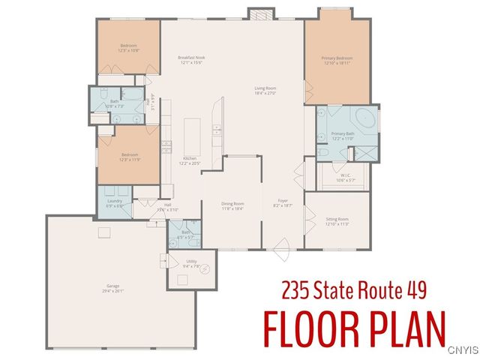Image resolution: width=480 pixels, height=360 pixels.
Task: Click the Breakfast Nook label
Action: pos(191,58)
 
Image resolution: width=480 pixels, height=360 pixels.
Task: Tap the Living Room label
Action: pos(267,88)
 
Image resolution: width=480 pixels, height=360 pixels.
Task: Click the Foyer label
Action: pos(283,201)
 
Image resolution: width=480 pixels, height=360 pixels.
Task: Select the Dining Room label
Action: pos(232,203)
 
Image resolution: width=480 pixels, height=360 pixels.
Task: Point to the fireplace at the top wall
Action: pos(259,13)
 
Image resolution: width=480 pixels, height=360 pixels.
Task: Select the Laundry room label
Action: pos(114,201)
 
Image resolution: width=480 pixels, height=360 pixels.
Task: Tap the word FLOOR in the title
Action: pos(310,327)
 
